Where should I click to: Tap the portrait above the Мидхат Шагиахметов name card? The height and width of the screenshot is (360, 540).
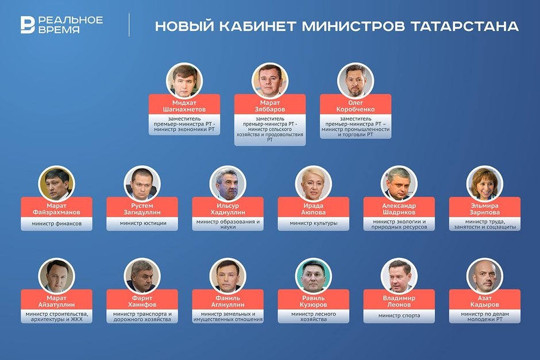click(184, 80)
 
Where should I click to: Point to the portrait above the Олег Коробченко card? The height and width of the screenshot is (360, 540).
click(356, 80)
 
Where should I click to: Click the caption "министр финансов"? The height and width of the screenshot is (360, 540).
click(56, 223)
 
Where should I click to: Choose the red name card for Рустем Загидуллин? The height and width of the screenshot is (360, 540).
click(142, 206)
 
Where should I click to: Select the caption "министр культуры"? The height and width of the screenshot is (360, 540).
click(313, 223)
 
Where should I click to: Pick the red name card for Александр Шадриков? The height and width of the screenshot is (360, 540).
click(399, 206)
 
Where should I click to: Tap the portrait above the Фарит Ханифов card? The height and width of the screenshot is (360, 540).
click(142, 276)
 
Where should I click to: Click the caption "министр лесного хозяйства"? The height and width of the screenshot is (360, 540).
click(313, 316)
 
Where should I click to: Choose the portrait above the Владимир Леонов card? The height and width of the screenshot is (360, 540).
click(399, 276)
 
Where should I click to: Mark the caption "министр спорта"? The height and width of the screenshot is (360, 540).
click(399, 315)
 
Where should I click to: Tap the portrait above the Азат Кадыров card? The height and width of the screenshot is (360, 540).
click(484, 276)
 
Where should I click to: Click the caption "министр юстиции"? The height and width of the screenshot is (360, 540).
click(142, 223)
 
